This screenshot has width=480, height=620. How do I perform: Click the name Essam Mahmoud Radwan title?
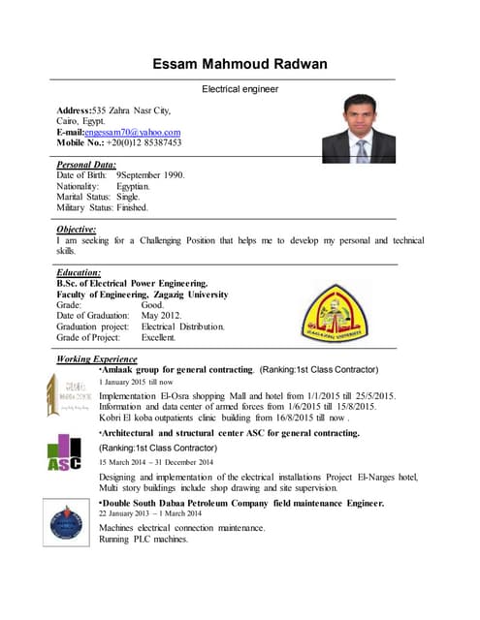click(x=240, y=65)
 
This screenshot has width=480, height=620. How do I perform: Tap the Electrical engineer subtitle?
click(x=240, y=89)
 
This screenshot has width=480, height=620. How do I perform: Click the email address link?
click(x=133, y=132)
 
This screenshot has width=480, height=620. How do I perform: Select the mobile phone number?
click(x=144, y=142)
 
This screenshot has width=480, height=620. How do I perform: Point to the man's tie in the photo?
click(x=361, y=150)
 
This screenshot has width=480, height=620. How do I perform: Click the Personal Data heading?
click(x=87, y=165)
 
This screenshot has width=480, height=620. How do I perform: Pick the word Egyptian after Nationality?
click(x=134, y=186)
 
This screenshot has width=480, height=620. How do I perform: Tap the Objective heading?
click(x=77, y=229)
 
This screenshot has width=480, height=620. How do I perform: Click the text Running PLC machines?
click(x=144, y=540)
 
